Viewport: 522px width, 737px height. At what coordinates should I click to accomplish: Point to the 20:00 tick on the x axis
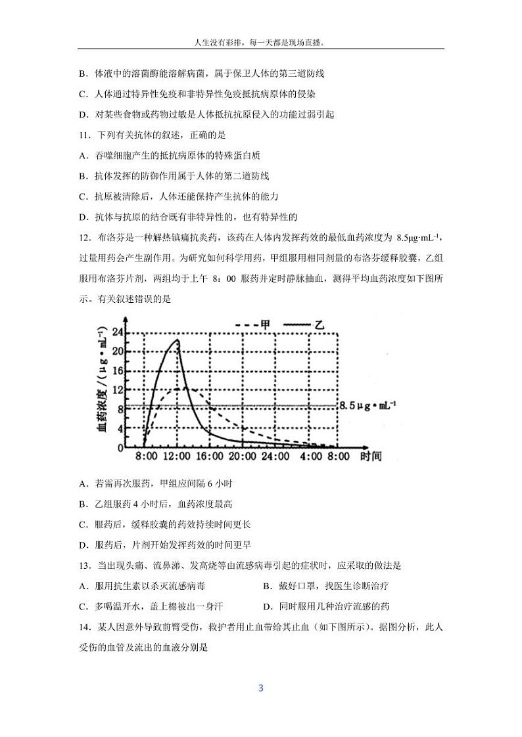point(241,456)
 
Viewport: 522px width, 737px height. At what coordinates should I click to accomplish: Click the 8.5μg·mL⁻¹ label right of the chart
point(368,407)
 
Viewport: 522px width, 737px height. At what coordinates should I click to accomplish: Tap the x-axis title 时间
point(370,456)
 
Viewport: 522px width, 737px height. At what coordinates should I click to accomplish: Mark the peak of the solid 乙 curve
point(177,340)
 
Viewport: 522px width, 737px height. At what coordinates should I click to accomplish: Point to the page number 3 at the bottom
point(261,688)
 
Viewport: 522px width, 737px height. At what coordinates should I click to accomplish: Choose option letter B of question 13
point(266,586)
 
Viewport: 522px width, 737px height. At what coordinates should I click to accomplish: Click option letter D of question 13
point(266,606)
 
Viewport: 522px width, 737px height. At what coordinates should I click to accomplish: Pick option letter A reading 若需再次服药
point(82,483)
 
